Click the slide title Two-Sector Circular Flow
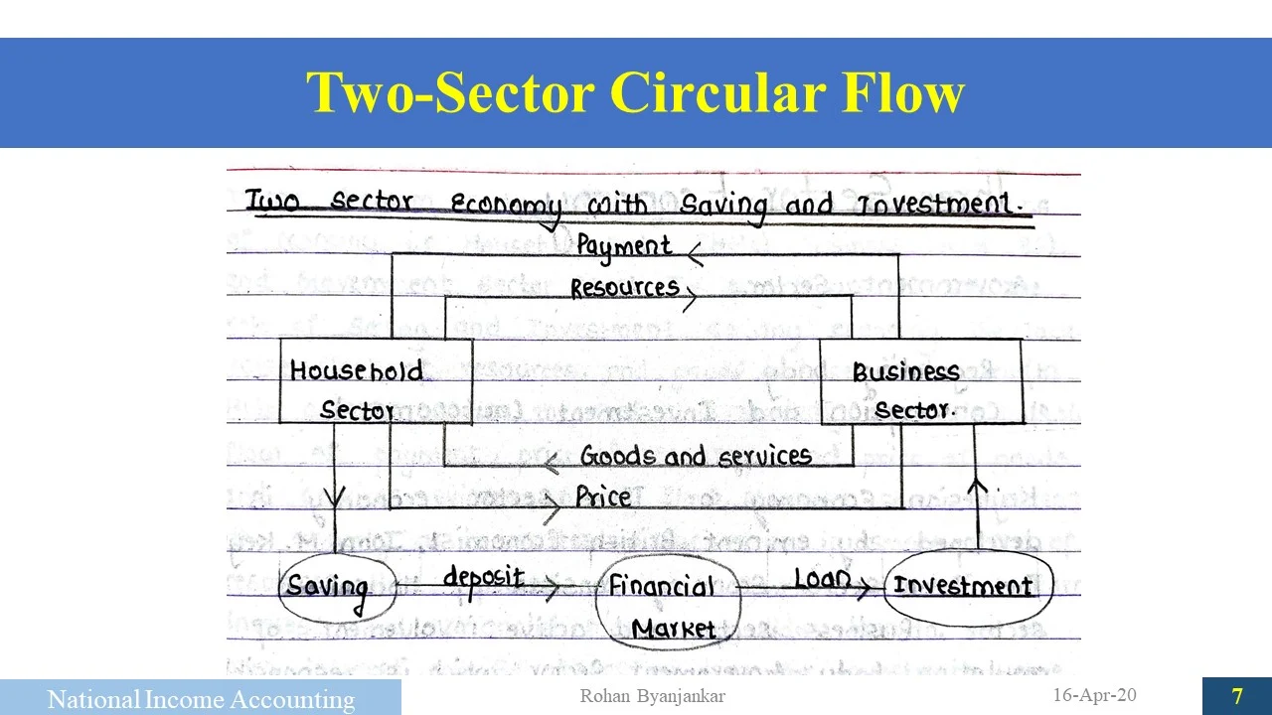click(635, 93)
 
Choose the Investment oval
click(962, 585)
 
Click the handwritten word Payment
click(624, 246)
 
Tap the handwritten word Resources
click(624, 289)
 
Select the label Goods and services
click(696, 456)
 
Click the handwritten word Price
click(603, 497)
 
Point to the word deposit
click(483, 577)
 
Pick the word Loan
click(822, 578)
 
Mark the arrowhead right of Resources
click(689, 297)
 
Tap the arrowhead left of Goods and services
click(550, 464)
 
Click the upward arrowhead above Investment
click(978, 487)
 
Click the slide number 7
click(1237, 696)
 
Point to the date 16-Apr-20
click(1094, 695)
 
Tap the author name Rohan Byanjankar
click(652, 696)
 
